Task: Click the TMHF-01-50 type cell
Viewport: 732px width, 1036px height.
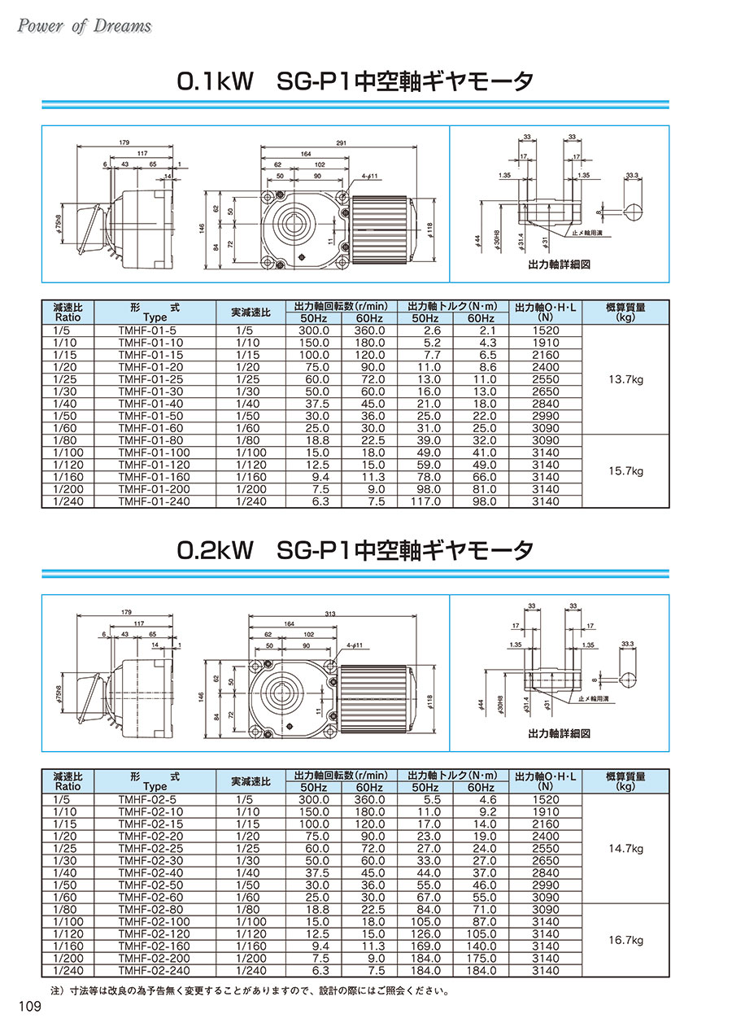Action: click(150, 416)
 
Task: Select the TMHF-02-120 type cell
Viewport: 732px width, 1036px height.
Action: click(154, 933)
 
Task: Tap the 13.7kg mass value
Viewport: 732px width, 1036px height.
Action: click(625, 379)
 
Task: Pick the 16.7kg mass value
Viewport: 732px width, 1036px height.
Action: click(625, 940)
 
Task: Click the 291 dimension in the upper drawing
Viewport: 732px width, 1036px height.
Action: click(342, 143)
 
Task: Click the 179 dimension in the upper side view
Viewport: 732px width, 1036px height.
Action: click(124, 143)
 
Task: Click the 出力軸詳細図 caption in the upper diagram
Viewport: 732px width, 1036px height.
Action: click(559, 264)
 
